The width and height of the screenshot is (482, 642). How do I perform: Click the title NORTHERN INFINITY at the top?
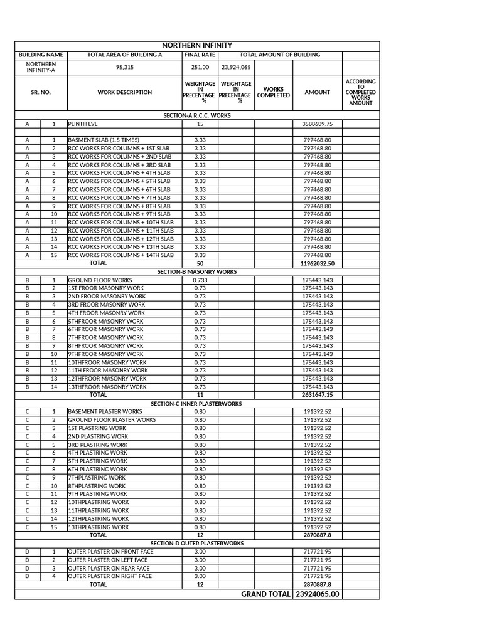pos(197,45)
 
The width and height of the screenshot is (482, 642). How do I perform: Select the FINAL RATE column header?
pos(200,55)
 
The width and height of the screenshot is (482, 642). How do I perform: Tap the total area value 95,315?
pos(124,67)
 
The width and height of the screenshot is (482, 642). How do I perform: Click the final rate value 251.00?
pos(200,67)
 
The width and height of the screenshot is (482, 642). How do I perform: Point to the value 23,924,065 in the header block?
pos(236,67)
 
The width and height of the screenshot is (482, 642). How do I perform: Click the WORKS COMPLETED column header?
pos(273,92)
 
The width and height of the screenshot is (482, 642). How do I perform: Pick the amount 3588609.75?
pos(317,124)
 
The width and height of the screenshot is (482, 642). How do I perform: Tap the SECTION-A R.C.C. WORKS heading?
pos(197,116)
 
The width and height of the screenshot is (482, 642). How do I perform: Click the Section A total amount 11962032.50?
pos(317,264)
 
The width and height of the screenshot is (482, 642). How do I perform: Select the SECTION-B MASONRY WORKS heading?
pos(197,272)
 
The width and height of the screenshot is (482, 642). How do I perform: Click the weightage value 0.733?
pos(200,280)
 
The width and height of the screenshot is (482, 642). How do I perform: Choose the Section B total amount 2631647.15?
pos(317,396)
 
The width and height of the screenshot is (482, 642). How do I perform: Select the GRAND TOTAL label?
pos(265,594)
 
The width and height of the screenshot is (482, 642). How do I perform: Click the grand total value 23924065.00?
pos(317,594)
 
